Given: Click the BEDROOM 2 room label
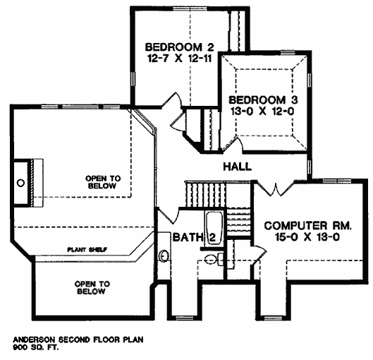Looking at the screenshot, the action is (x=180, y=47).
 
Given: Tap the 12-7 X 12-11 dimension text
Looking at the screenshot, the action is (x=180, y=59).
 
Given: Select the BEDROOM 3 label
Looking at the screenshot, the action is (x=263, y=100).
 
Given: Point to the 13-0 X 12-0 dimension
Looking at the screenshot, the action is (x=262, y=112).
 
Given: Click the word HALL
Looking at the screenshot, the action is (x=237, y=167).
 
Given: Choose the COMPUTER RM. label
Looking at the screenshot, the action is (x=308, y=226).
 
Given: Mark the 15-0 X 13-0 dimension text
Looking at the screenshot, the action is (x=307, y=237).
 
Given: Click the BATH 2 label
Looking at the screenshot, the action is (x=195, y=237).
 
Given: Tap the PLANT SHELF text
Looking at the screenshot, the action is (x=87, y=250).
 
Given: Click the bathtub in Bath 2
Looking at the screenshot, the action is (x=214, y=227).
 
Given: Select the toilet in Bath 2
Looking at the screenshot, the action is (x=214, y=259).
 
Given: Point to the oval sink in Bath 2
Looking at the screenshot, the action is (x=164, y=256).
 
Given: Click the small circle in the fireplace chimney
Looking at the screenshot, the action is (x=21, y=183).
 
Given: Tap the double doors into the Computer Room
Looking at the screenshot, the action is (x=276, y=188).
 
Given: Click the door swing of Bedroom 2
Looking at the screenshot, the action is (x=173, y=100).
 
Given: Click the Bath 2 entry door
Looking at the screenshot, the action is (x=169, y=216).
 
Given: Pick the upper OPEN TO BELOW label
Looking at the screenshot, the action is (x=103, y=182).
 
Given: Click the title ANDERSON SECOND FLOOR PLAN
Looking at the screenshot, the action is (x=78, y=340).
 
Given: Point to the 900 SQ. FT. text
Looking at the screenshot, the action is (x=36, y=347).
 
